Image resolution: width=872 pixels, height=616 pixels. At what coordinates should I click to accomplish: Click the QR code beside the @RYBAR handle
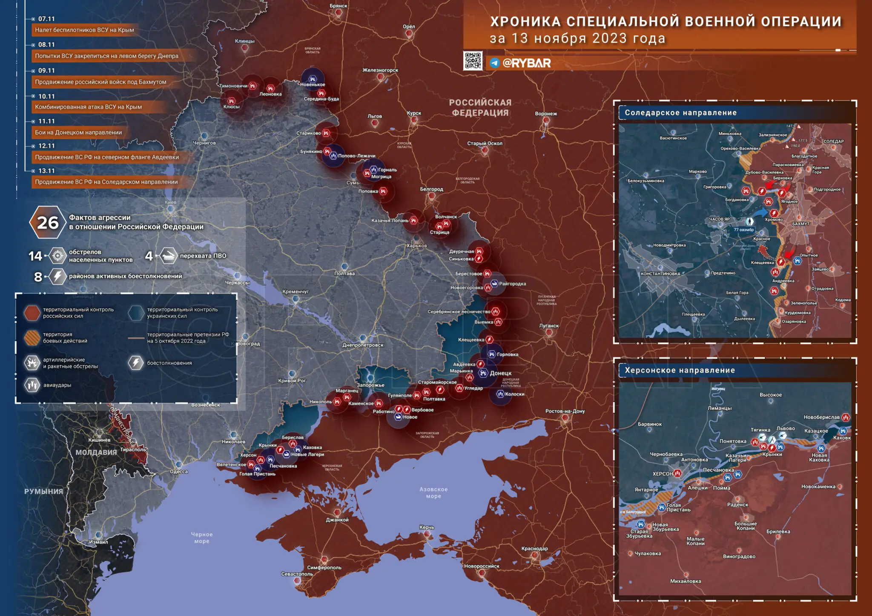tap(473, 61)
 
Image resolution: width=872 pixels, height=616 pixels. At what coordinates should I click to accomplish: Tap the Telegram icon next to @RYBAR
tap(494, 63)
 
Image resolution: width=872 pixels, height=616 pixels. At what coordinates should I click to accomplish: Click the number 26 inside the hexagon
tap(47, 222)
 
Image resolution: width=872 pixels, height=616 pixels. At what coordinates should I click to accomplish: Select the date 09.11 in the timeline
tap(46, 71)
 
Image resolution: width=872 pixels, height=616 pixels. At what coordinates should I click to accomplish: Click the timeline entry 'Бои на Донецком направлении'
tap(78, 132)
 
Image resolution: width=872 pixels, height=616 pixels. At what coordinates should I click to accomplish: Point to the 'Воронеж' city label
tap(546, 114)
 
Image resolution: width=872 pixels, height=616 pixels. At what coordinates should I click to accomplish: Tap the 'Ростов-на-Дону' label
tap(565, 411)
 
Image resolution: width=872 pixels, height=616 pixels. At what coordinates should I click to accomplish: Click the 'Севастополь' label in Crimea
tap(297, 574)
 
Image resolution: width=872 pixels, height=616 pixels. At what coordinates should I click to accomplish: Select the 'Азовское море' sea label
tap(433, 493)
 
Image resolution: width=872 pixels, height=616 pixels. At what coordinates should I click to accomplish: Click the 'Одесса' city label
tap(179, 472)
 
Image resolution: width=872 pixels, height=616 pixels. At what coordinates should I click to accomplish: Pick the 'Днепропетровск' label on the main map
tap(363, 345)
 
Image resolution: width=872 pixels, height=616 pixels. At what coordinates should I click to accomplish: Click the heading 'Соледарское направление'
tap(680, 113)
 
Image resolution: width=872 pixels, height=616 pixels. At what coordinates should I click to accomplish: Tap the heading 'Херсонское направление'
tap(680, 371)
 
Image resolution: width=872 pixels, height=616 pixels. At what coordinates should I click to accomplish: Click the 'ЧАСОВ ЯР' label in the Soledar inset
tap(719, 219)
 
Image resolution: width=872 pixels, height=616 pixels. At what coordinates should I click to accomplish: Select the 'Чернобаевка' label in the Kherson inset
tap(666, 454)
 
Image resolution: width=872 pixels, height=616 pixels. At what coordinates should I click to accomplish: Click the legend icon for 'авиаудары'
tap(32, 385)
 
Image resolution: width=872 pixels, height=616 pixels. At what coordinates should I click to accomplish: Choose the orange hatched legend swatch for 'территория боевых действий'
tap(32, 338)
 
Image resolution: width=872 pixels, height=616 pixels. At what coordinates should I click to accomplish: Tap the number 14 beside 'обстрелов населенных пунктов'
tap(35, 256)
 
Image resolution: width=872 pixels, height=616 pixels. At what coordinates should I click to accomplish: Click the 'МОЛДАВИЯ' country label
tap(96, 452)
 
